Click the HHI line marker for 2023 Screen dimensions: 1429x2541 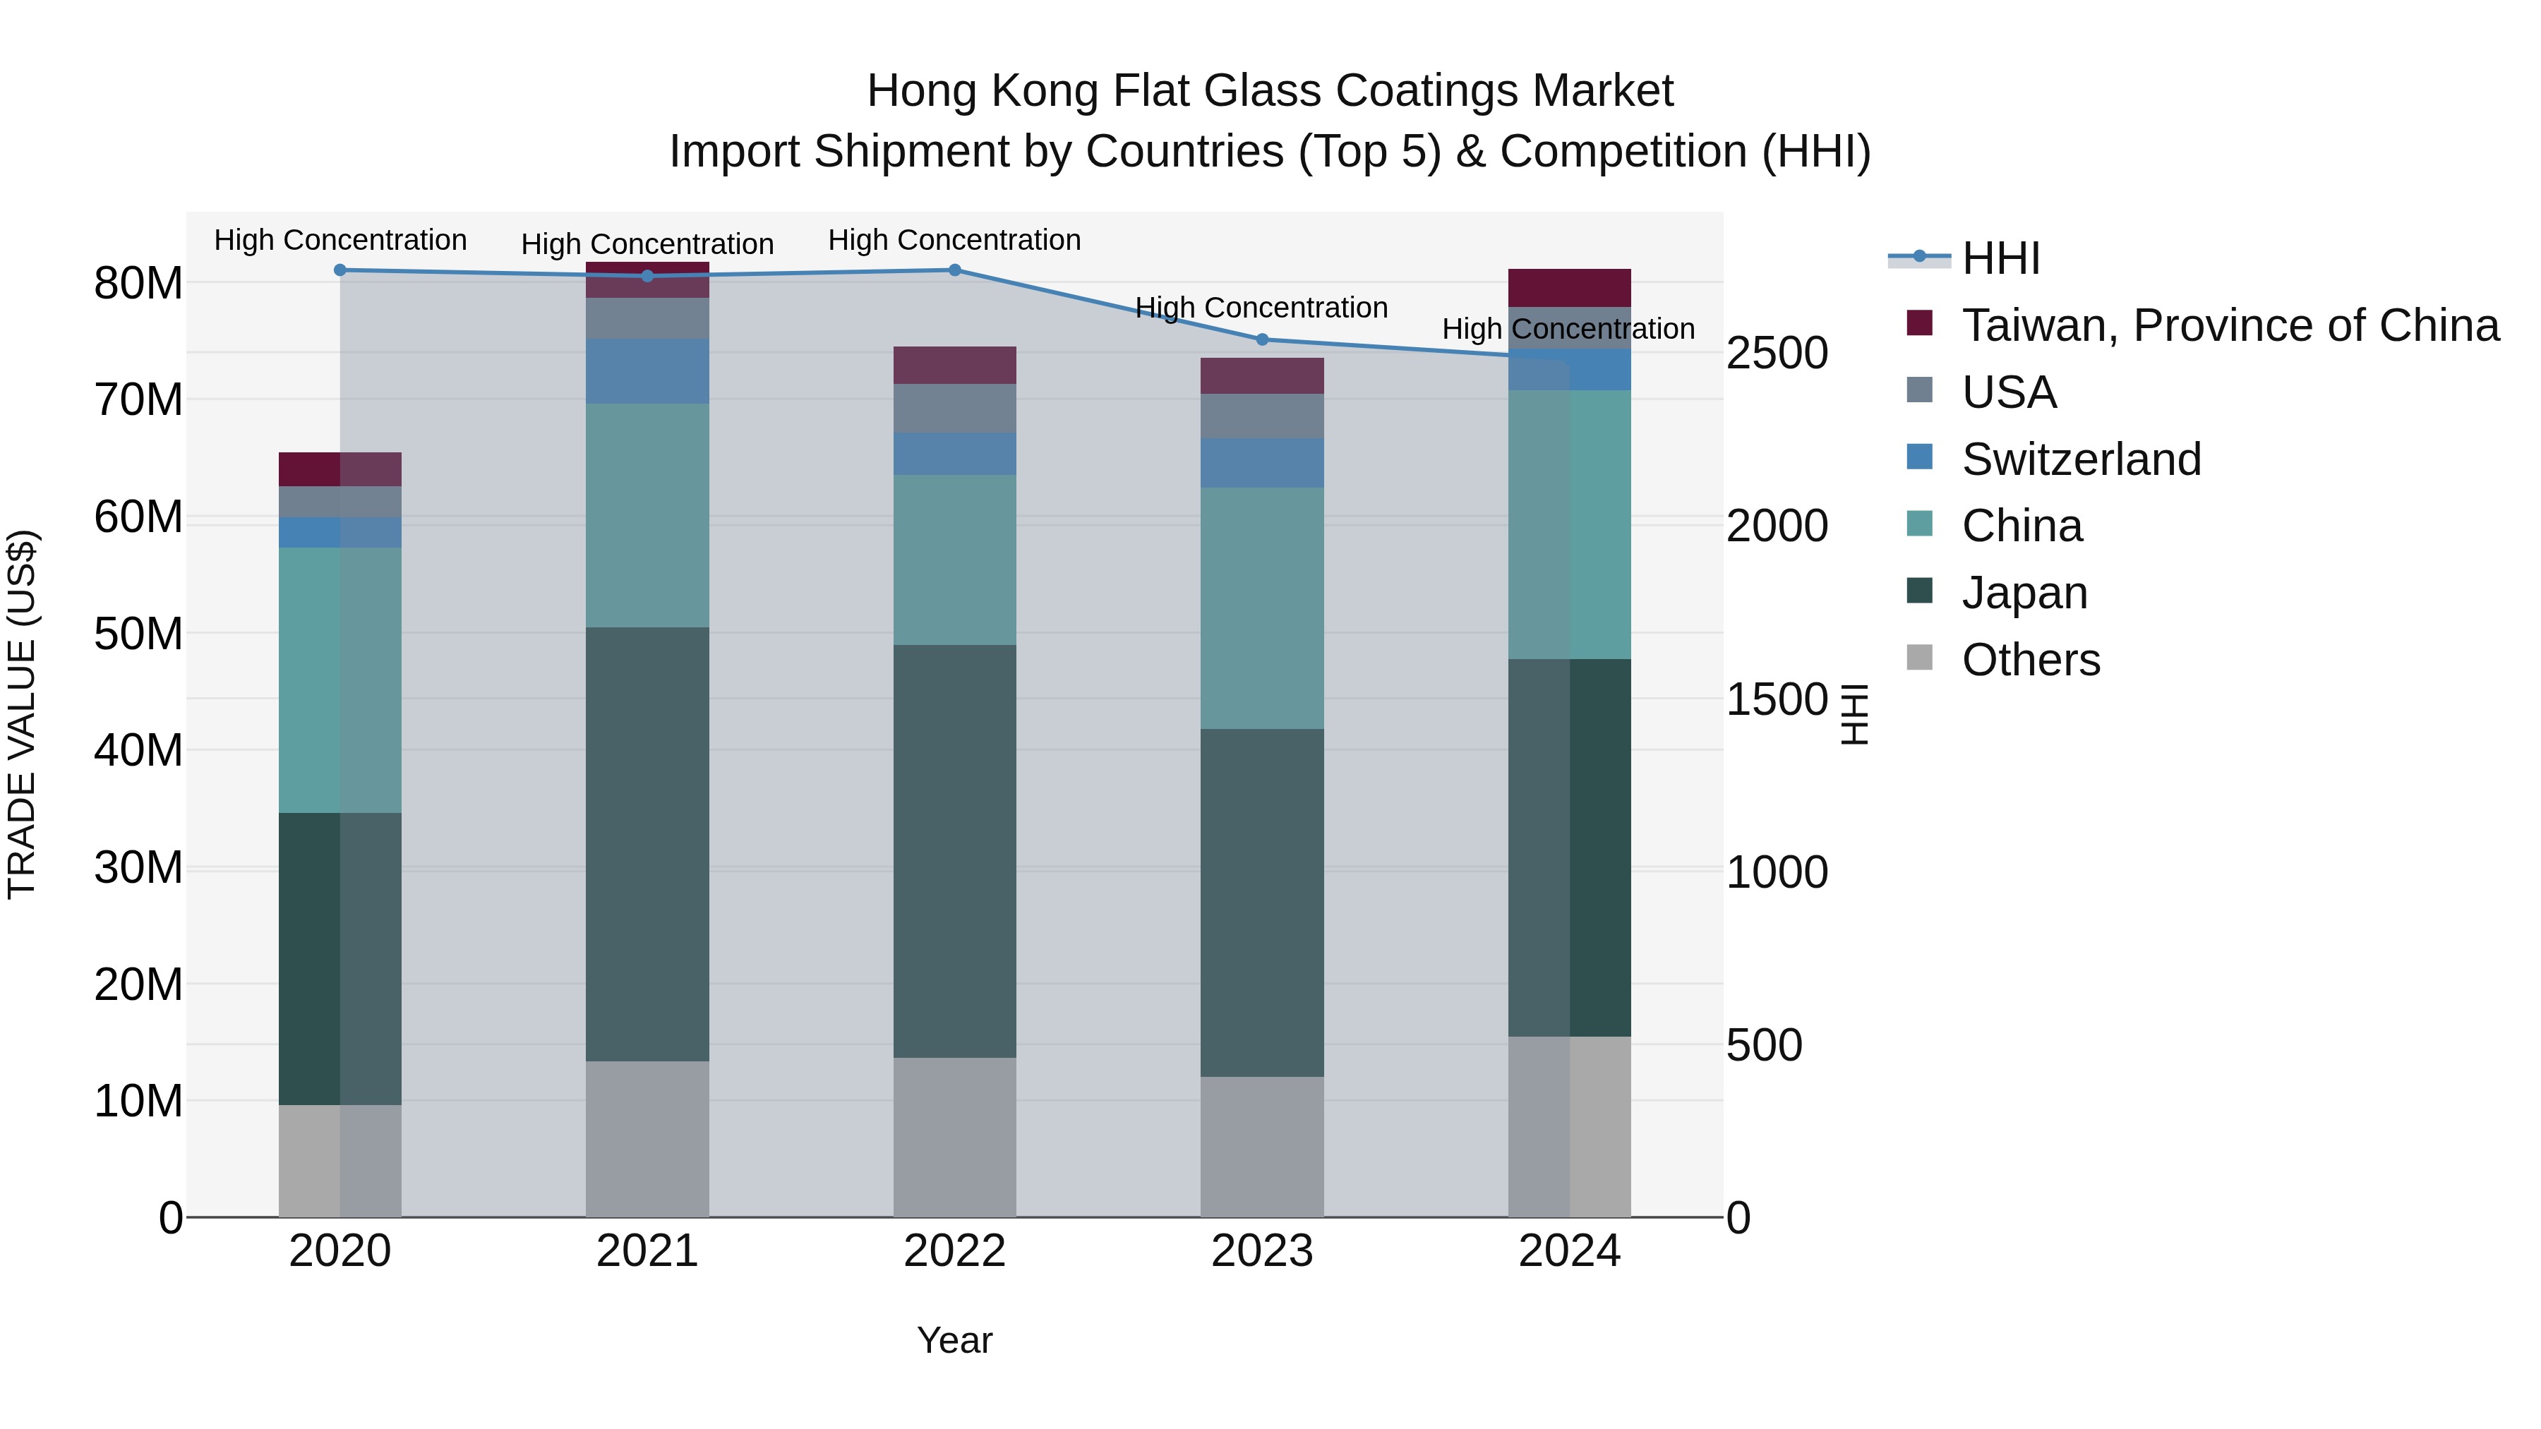pyautogui.click(x=1261, y=339)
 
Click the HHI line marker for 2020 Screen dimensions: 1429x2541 pyautogui.click(x=340, y=270)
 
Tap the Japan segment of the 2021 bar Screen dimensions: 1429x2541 pyautogui.click(x=647, y=843)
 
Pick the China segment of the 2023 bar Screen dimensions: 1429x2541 pyautogui.click(x=1261, y=608)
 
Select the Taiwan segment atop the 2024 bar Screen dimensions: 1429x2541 pyautogui.click(x=1569, y=287)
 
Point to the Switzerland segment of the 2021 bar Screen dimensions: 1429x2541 pyautogui.click(x=647, y=370)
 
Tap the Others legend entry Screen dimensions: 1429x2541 pyautogui.click(x=2030, y=659)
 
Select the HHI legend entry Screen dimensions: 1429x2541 pyautogui.click(x=2000, y=258)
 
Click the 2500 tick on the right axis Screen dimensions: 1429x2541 pyautogui.click(x=1777, y=353)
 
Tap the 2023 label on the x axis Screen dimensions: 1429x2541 pyautogui.click(x=1261, y=1250)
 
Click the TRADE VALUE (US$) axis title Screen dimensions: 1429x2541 pyautogui.click(x=22, y=714)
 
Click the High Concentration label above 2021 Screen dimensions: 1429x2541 pyautogui.click(x=647, y=243)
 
